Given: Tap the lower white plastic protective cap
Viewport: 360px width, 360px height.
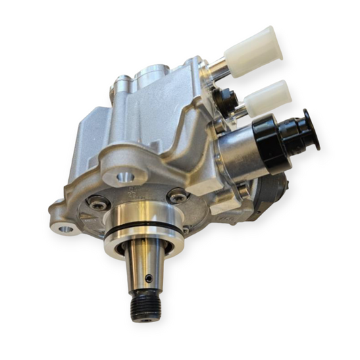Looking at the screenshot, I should (269, 97).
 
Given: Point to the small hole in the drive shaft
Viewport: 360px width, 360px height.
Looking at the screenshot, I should (149, 277).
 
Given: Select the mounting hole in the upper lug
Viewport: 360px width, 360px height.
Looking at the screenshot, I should (123, 178).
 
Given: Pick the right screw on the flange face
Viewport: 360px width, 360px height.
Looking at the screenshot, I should (178, 196).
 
